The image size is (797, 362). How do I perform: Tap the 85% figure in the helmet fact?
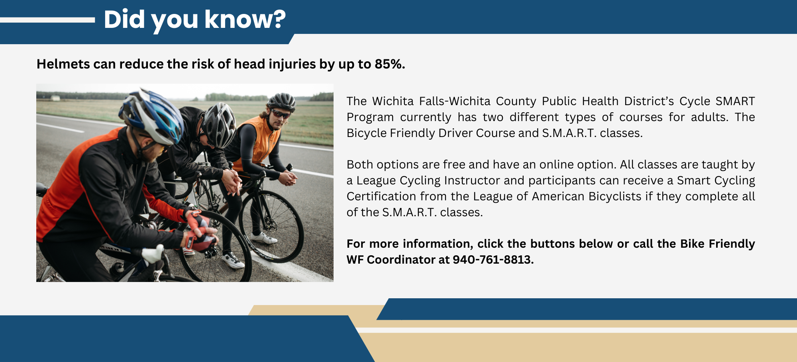tap(389, 64)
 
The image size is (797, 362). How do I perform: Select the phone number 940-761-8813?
tap(493, 260)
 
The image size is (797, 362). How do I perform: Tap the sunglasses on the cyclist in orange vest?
tap(281, 114)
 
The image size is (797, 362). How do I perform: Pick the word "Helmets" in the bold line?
tap(63, 64)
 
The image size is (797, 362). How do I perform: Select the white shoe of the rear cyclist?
tap(264, 238)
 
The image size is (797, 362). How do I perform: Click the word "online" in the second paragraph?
tap(561, 164)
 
